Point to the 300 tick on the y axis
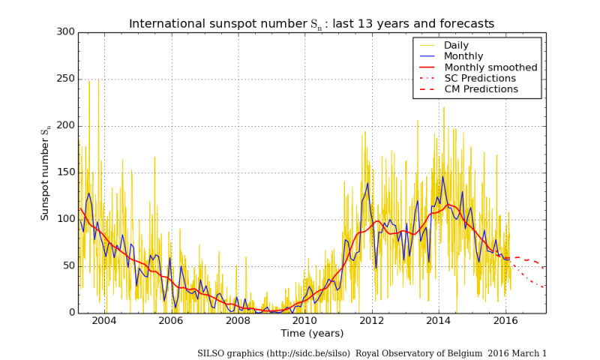66,32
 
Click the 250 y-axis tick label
66,79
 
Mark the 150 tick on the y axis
66,172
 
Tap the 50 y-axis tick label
69,266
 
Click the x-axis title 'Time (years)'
311,333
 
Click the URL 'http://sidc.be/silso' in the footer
304,353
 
